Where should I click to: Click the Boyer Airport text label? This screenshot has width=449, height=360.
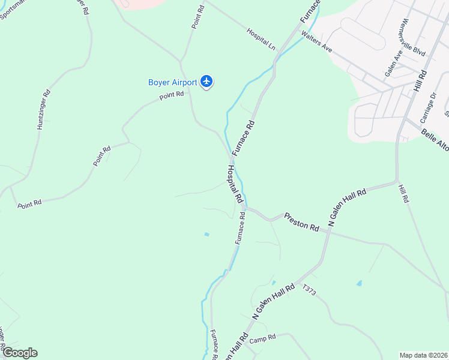(172, 82)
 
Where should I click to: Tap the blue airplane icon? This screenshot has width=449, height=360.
(207, 81)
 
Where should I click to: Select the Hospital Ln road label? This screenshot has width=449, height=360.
(260, 38)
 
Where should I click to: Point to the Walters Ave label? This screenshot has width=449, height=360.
(316, 42)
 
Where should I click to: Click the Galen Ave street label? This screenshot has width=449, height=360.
(394, 63)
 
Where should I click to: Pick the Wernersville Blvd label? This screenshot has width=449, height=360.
(413, 37)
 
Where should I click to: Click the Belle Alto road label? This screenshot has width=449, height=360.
(434, 142)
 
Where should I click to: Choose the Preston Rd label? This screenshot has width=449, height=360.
(301, 222)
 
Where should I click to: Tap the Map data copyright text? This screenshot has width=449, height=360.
(424, 355)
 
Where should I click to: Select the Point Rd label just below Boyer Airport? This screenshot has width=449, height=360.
(171, 95)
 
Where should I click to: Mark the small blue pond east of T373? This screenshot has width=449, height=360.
(360, 283)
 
